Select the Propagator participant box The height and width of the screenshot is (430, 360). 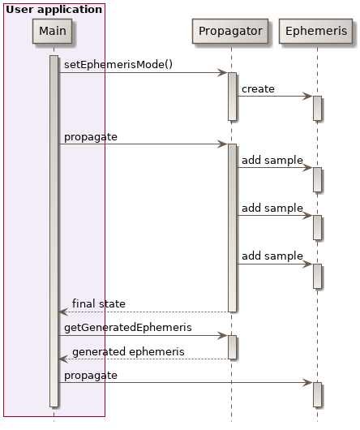coord(231,31)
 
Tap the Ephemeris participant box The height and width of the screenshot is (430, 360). coord(316,31)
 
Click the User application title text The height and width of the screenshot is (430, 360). coord(54,10)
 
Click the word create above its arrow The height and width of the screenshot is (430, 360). coord(258,88)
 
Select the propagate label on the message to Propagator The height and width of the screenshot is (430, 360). coord(91,136)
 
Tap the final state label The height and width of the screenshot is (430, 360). coord(98,303)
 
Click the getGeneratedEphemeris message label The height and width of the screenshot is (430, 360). coord(128,327)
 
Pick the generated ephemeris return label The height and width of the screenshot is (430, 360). coord(128,351)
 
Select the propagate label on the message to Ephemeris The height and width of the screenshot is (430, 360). coord(91,375)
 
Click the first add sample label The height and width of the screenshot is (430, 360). coord(272,161)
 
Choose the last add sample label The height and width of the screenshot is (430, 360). coord(272,256)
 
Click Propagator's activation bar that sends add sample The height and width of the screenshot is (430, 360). coord(232,227)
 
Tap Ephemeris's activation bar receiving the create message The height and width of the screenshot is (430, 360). coord(317,108)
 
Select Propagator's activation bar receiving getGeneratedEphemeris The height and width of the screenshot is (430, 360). coord(232,346)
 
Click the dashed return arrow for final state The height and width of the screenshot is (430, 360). coord(146,312)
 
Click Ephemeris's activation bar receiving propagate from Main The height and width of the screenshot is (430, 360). coord(317,394)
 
